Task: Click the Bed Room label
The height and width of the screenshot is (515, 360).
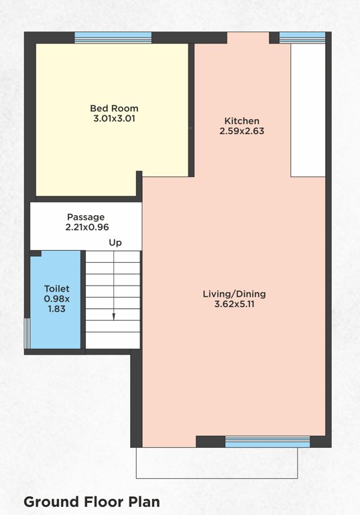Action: pos(114,108)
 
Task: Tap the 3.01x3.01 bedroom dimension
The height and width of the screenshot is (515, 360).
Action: pos(114,119)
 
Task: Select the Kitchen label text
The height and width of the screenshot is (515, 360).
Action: pos(241,121)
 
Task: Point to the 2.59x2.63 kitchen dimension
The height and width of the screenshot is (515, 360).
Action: pos(241,131)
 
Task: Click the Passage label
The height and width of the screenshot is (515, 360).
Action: pos(86,217)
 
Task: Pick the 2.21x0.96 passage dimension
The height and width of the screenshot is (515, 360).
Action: pos(86,228)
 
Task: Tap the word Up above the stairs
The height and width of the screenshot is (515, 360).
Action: pos(115,243)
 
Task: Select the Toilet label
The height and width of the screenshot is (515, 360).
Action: pos(57,288)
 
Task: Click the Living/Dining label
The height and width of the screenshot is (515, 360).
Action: pos(235,294)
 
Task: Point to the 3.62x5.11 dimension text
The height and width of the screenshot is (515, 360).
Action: pos(235,304)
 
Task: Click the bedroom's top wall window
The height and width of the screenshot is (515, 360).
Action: pos(113,38)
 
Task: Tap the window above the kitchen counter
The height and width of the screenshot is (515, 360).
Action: pos(292,38)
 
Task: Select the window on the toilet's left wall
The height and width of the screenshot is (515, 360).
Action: pos(27,333)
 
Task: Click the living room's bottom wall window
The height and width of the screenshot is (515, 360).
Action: pos(267,441)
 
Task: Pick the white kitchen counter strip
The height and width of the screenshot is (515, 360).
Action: pos(307,111)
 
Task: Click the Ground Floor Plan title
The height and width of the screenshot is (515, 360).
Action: pos(92,502)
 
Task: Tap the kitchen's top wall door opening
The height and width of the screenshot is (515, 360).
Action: pos(248,38)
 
